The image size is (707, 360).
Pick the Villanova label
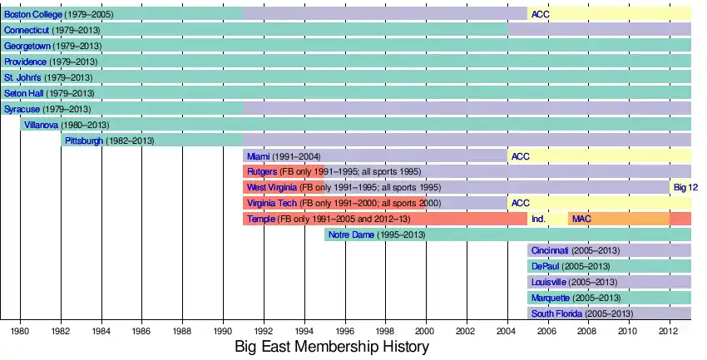coord(42,125)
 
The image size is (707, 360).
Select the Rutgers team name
coord(262,172)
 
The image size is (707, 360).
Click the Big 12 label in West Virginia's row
coord(685,188)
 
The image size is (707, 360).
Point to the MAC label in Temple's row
coord(581,219)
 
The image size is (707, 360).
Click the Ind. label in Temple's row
coord(538,219)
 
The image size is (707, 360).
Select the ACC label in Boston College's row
coord(540,14)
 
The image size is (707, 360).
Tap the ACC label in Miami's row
coord(520,156)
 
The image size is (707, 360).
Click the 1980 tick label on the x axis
coord(21,331)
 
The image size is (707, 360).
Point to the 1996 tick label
coord(345,331)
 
